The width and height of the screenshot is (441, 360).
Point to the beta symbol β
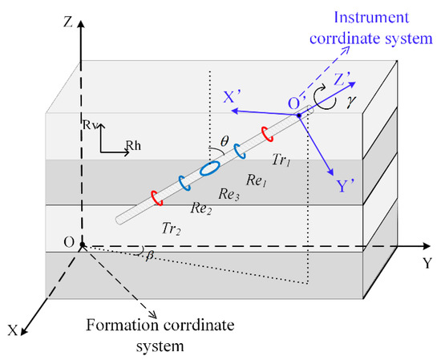point(149,253)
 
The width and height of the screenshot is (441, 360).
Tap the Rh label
point(133,145)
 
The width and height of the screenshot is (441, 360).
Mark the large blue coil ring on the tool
point(209,168)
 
